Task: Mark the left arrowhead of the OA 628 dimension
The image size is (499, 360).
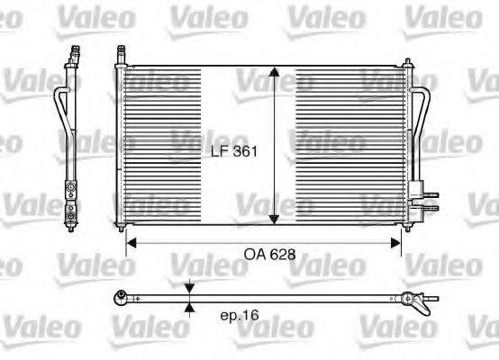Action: click(x=130, y=241)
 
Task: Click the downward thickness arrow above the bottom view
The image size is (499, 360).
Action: click(x=188, y=288)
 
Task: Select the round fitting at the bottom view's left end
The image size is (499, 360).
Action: click(x=122, y=297)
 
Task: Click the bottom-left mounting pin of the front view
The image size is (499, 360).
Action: click(x=120, y=227)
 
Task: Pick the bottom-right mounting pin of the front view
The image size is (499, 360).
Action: click(x=406, y=227)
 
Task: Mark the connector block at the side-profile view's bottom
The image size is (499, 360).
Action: click(x=69, y=202)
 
